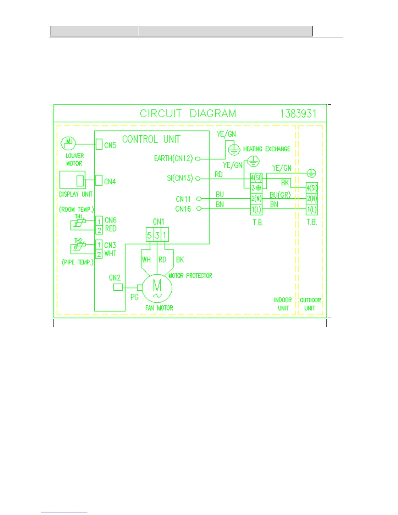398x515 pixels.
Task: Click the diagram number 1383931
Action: click(298, 113)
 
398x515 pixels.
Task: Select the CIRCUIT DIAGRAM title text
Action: click(188, 113)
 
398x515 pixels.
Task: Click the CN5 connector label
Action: click(110, 145)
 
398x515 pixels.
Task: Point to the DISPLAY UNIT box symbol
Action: click(73, 180)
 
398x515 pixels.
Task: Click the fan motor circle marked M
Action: click(157, 288)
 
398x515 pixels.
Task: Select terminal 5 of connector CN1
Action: click(150, 235)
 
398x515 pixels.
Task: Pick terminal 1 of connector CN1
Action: click(165, 235)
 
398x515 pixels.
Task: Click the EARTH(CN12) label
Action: click(173, 159)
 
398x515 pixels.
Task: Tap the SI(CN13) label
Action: click(180, 178)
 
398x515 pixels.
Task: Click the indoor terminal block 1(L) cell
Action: click(256, 210)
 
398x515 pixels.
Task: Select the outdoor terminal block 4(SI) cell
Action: click(312, 188)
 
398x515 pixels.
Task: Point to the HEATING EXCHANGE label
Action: click(267, 149)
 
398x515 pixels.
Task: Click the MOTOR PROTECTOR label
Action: click(190, 276)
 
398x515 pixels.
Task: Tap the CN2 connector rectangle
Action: click(118, 287)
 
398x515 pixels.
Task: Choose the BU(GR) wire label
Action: click(280, 195)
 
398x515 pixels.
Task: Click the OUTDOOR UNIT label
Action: click(310, 304)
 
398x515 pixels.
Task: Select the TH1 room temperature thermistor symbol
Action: click(79, 222)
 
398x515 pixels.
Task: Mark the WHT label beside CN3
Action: click(110, 254)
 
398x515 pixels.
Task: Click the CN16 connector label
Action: click(183, 209)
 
